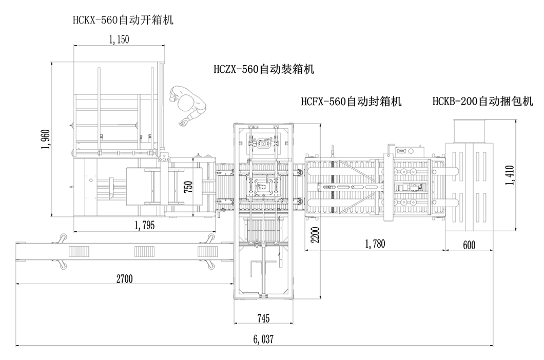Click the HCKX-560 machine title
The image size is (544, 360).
pyautogui.click(x=123, y=21)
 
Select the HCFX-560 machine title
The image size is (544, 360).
pyautogui.click(x=351, y=102)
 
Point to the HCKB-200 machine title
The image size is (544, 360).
pyautogui.click(x=482, y=102)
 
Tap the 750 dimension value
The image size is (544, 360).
pyautogui.click(x=188, y=188)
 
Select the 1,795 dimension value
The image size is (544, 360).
pyautogui.click(x=145, y=225)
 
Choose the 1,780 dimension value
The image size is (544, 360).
pyautogui.click(x=375, y=244)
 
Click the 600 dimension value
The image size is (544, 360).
pyautogui.click(x=469, y=246)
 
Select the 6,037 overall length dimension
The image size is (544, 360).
pyautogui.click(x=263, y=339)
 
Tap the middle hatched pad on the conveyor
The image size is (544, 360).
pyautogui.click(x=146, y=251)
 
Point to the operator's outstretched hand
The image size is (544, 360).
pyautogui.click(x=182, y=123)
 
